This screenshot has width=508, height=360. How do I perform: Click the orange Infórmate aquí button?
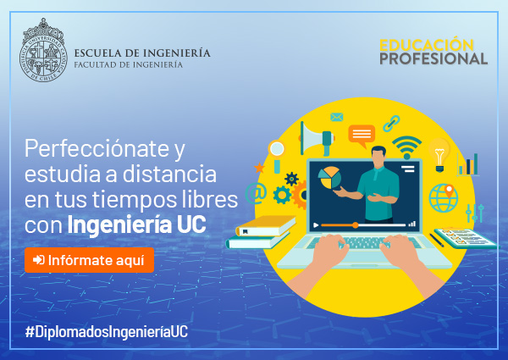89,260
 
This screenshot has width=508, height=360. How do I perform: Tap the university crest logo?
43,50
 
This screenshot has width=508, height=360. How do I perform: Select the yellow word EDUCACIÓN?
427,45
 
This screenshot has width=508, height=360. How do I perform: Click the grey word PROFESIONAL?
433,58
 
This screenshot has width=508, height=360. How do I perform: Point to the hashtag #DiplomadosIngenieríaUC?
107,332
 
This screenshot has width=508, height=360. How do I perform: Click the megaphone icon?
317,139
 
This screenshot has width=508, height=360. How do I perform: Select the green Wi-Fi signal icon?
406,147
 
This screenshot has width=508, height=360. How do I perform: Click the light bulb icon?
439,155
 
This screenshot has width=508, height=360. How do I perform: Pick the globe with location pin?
444,198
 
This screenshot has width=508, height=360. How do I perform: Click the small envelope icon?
337,117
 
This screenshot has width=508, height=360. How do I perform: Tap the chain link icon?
391,123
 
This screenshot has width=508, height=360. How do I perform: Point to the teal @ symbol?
256,193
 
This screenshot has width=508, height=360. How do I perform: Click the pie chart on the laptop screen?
329,178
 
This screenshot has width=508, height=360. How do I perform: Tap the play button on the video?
316,224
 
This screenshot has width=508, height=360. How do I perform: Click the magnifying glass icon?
276,156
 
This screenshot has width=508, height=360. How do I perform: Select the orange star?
259,168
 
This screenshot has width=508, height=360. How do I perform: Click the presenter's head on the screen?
378,157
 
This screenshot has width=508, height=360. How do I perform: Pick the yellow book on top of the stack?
266,226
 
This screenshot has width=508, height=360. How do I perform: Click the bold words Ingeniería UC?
136,224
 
